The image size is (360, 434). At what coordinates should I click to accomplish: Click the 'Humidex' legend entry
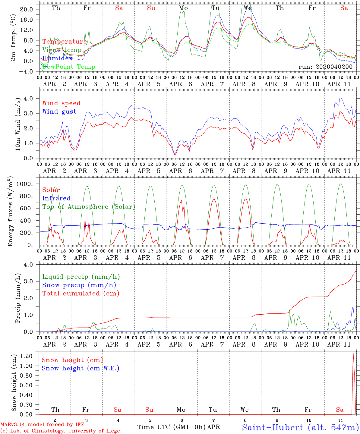(x=57, y=58)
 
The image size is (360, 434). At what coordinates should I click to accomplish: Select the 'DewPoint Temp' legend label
(x=69, y=67)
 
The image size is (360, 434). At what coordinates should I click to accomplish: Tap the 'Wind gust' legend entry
(x=59, y=112)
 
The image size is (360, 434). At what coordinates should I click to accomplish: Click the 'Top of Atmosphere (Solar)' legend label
(x=89, y=207)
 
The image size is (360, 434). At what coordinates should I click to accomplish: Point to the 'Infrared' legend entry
(x=56, y=198)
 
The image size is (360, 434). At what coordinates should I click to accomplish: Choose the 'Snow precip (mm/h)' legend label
(x=79, y=285)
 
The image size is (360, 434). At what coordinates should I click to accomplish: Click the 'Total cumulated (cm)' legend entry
(x=81, y=294)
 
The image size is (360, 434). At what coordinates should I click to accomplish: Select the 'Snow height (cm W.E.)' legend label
(x=80, y=368)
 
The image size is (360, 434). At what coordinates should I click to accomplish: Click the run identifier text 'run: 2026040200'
(x=325, y=67)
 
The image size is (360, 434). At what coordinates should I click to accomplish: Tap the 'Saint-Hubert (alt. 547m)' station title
(x=300, y=427)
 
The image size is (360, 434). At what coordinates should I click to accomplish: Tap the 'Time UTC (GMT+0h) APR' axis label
(x=178, y=427)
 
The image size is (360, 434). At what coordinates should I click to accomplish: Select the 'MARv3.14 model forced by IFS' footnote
(x=42, y=425)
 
